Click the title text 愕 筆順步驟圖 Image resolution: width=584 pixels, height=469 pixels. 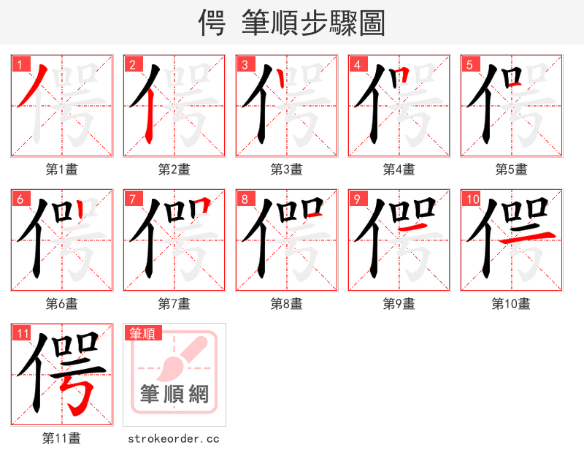tap(292, 23)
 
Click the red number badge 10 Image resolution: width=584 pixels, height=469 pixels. tap(472, 199)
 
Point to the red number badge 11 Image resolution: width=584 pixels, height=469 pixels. tap(23, 333)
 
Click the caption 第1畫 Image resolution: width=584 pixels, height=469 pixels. tap(62, 169)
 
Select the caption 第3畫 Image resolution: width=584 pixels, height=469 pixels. tap(287, 169)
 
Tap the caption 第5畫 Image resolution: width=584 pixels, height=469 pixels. tap(512, 169)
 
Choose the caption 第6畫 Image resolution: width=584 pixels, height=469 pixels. tap(62, 304)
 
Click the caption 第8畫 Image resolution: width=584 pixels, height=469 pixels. tap(287, 304)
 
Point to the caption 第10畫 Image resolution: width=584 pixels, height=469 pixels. tap(512, 304)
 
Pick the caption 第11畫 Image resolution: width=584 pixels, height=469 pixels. tap(62, 438)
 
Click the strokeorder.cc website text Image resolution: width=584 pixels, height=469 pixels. tap(174, 438)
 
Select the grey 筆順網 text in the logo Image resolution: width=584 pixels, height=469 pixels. tap(174, 395)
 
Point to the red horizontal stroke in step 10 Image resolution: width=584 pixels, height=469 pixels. tap(533, 234)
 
